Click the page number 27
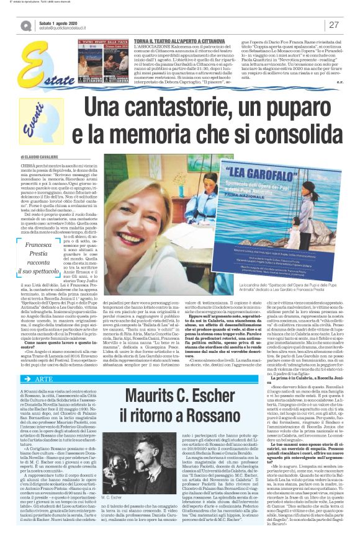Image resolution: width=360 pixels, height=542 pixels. point(333,25)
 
